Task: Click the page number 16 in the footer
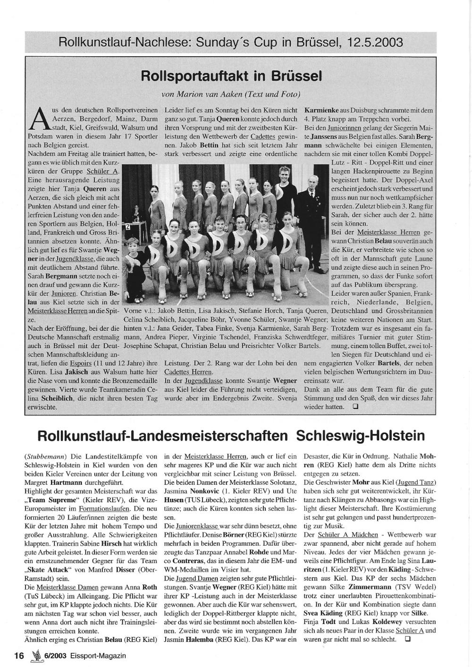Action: click(x=19, y=655)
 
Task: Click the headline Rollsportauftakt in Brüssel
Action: click(x=231, y=76)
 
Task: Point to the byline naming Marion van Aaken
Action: click(x=231, y=94)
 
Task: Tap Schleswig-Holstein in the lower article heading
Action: click(x=361, y=435)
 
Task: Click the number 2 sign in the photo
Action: click(x=126, y=227)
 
